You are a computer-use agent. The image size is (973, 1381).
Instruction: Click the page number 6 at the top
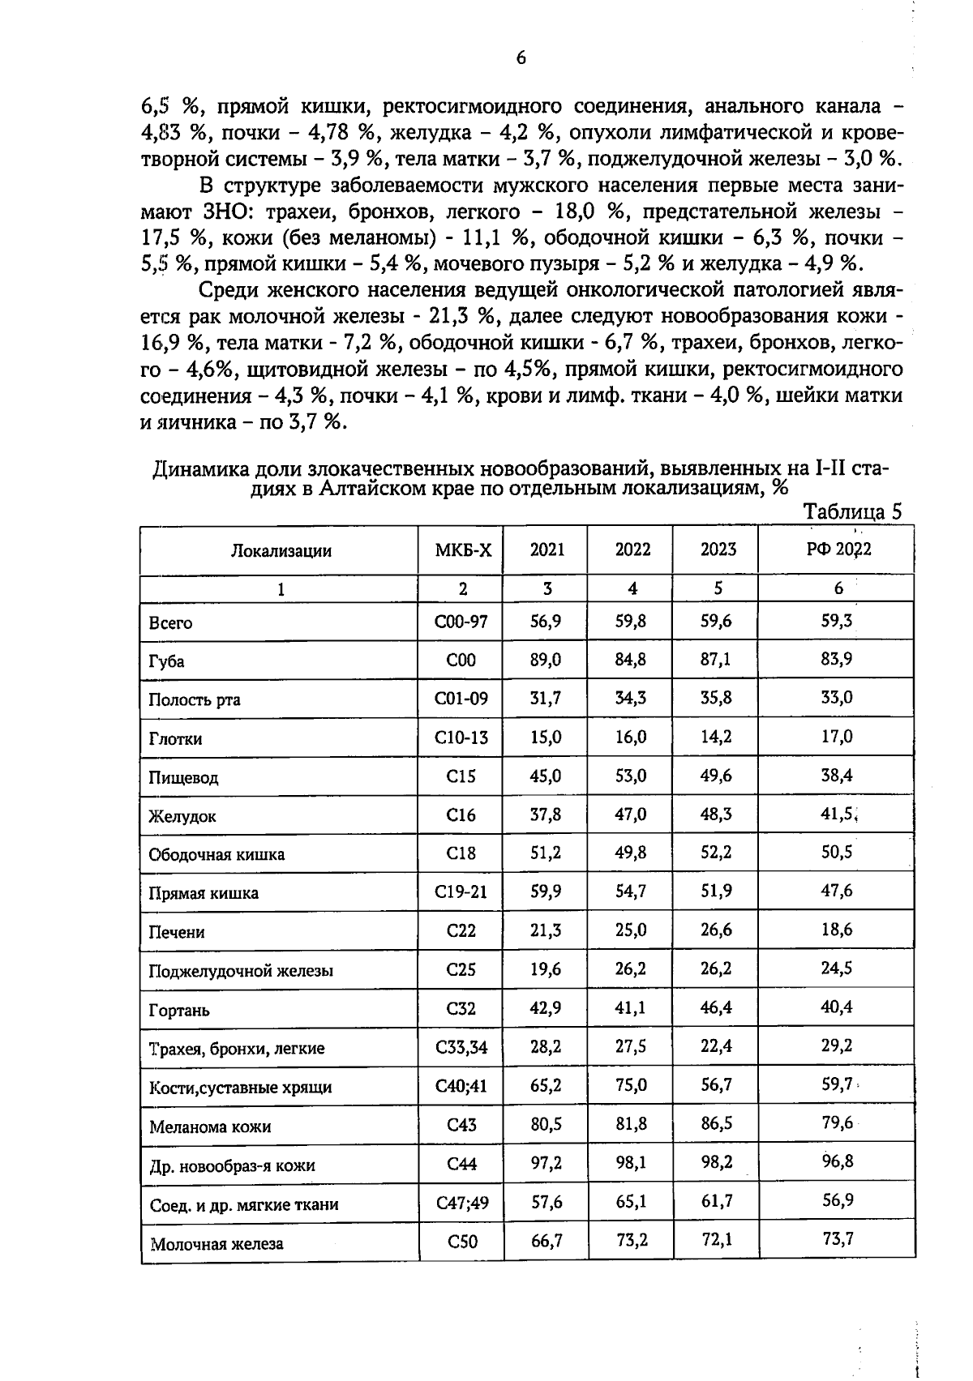pyautogui.click(x=521, y=58)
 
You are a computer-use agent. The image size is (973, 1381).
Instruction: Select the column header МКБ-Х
pyautogui.click(x=463, y=550)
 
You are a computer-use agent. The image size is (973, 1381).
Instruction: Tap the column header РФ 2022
pyautogui.click(x=838, y=549)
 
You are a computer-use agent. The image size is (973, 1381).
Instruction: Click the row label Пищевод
pyautogui.click(x=183, y=778)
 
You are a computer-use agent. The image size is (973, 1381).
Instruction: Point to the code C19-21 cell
pyautogui.click(x=461, y=892)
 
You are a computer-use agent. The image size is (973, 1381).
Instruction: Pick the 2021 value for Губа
pyautogui.click(x=546, y=660)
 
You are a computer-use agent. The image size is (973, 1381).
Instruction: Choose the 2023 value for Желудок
pyautogui.click(x=716, y=814)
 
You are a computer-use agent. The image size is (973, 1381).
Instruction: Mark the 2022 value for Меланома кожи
pyautogui.click(x=631, y=1124)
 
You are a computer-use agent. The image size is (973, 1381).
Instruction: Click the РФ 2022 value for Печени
pyautogui.click(x=837, y=930)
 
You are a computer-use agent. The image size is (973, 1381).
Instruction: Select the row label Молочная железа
pyautogui.click(x=216, y=1243)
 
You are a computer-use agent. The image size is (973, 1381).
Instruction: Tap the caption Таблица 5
pyautogui.click(x=851, y=511)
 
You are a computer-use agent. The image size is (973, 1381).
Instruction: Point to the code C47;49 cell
pyautogui.click(x=462, y=1203)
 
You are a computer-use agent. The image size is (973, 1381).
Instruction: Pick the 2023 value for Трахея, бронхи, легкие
pyautogui.click(x=716, y=1046)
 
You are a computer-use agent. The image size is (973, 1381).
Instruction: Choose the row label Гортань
pyautogui.click(x=179, y=1011)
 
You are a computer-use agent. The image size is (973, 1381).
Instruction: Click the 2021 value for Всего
pyautogui.click(x=546, y=622)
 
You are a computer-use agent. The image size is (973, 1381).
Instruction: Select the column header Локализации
pyautogui.click(x=281, y=551)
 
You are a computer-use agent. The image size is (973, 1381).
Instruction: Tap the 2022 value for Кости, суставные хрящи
pyautogui.click(x=631, y=1085)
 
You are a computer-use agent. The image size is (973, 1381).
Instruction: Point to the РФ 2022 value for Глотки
pyautogui.click(x=837, y=737)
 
